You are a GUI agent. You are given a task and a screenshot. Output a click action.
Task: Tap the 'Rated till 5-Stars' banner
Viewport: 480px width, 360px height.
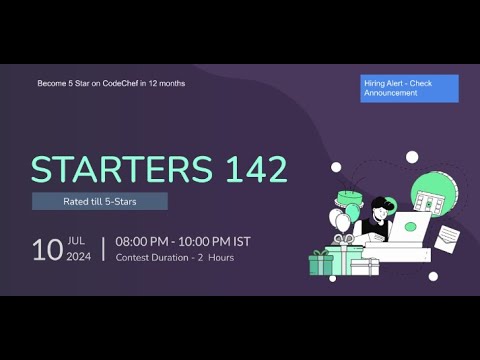[x=99, y=201]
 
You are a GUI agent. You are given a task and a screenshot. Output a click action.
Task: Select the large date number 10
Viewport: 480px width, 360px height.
[x=47, y=249]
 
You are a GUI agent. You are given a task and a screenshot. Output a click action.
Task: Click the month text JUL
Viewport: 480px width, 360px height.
[x=77, y=241]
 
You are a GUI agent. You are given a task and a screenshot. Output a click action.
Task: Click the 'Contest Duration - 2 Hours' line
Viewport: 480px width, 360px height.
[x=175, y=258]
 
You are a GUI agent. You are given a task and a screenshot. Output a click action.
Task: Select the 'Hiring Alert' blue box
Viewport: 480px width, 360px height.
[x=409, y=88]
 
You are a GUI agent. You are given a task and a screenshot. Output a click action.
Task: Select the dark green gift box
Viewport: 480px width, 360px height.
[x=321, y=263]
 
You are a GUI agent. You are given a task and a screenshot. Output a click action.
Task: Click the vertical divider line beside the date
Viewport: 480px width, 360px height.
[x=103, y=249]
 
